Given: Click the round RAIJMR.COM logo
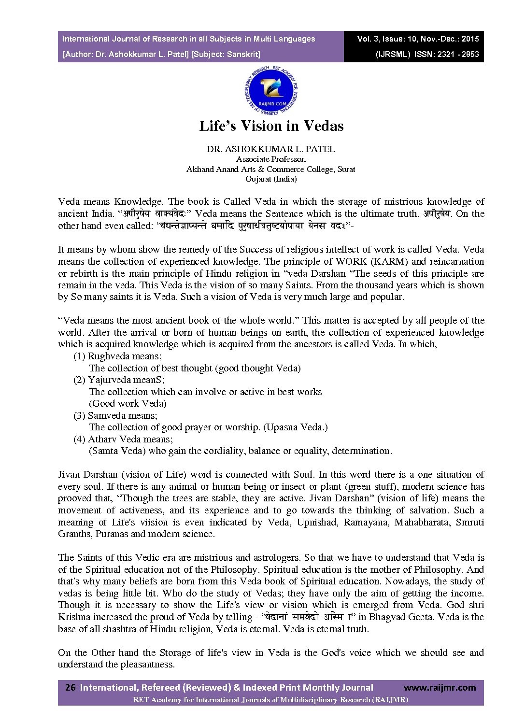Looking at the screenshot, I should point(271,91).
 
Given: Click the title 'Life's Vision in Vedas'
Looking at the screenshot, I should point(271,126).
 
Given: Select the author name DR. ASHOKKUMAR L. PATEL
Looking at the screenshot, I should point(270,149).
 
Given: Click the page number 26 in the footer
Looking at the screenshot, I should point(70,687).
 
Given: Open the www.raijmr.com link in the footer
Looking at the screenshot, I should point(439,687).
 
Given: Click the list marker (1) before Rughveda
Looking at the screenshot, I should point(79,356).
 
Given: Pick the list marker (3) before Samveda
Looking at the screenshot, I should point(79,415).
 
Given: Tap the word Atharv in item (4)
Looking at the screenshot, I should point(102,439).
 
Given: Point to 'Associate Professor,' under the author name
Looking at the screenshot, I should point(270,159).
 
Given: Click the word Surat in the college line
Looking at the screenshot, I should point(346,170).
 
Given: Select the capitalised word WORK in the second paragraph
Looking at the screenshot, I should point(352,262).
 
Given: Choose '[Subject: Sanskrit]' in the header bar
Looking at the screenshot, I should point(226,55).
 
